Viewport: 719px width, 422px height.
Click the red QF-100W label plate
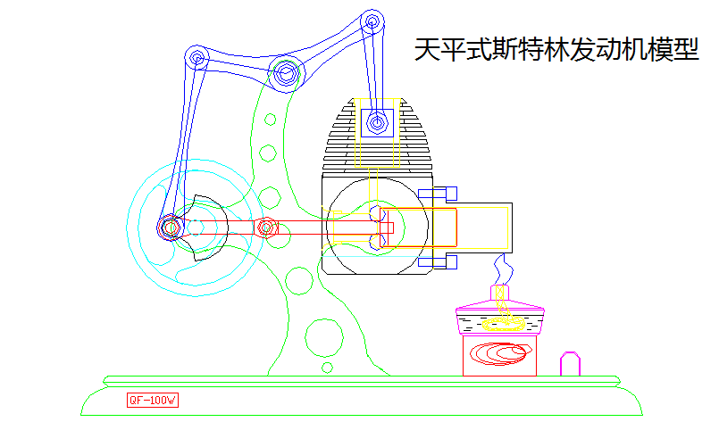(153, 401)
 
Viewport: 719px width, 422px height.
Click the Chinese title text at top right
(556, 50)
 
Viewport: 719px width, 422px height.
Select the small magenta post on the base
(570, 364)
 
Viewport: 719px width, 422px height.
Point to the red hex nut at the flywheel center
(170, 228)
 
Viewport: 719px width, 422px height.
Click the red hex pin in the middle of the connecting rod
(264, 228)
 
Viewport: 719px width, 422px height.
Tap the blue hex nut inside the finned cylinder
(377, 122)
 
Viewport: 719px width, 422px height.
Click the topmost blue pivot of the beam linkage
(373, 21)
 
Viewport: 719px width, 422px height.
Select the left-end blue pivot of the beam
(197, 58)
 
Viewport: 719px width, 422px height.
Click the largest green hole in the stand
(322, 336)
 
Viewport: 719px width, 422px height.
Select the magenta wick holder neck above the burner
(501, 292)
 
